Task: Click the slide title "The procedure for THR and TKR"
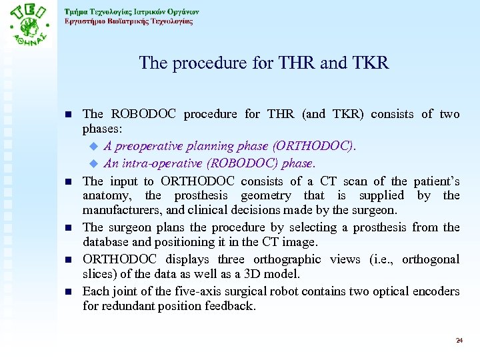point(263,63)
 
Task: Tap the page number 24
point(459,341)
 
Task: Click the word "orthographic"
point(293,259)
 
